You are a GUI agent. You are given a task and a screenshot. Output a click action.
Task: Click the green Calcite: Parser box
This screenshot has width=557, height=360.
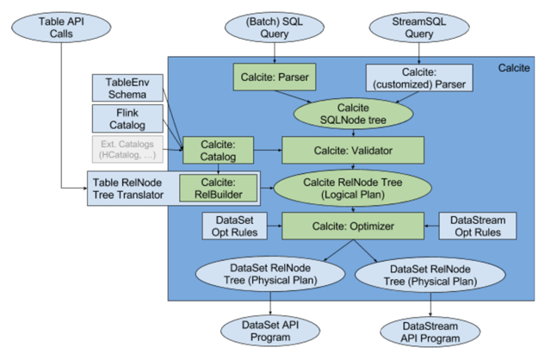pyautogui.click(x=270, y=78)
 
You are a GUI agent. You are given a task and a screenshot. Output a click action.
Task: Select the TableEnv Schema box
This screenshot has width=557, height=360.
pyautogui.click(x=127, y=87)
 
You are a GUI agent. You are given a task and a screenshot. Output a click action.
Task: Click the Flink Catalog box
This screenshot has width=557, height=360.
pyautogui.click(x=127, y=119)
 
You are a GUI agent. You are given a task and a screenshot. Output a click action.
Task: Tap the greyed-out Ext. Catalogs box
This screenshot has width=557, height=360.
pyautogui.click(x=127, y=149)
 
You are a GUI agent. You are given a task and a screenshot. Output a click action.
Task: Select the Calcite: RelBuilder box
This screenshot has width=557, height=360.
pyautogui.click(x=218, y=188)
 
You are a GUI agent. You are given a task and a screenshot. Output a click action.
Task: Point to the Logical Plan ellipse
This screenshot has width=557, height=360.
pyautogui.click(x=348, y=188)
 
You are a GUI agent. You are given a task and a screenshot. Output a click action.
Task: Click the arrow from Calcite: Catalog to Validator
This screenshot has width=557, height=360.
pyautogui.click(x=268, y=151)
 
